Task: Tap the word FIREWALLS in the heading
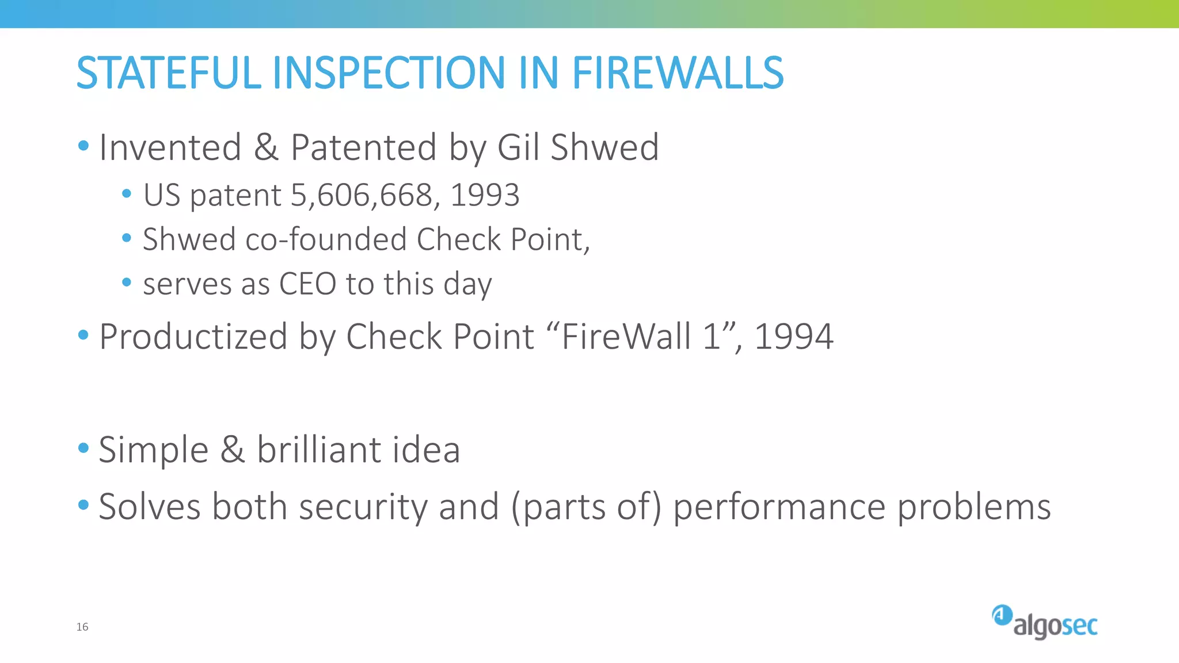pyautogui.click(x=678, y=73)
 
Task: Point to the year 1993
pyautogui.click(x=485, y=195)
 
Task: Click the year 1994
pyautogui.click(x=793, y=337)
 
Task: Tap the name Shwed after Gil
pyautogui.click(x=604, y=147)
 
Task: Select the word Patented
pyautogui.click(x=363, y=147)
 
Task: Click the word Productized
pyautogui.click(x=193, y=337)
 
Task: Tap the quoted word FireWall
pyautogui.click(x=626, y=337)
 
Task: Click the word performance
pyautogui.click(x=779, y=507)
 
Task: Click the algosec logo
pyautogui.click(x=1044, y=623)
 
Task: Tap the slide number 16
pyautogui.click(x=82, y=627)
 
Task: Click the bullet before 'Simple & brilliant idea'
pyautogui.click(x=83, y=448)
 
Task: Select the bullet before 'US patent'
pyautogui.click(x=127, y=193)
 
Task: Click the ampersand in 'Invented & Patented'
pyautogui.click(x=266, y=147)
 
